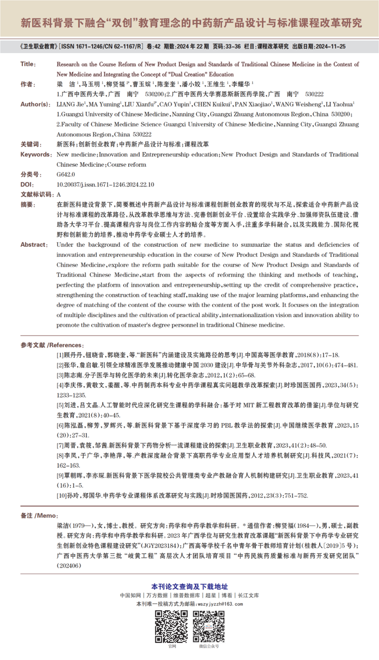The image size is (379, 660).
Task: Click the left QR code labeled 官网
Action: (x=171, y=626)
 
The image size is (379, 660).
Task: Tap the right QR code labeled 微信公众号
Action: (x=209, y=626)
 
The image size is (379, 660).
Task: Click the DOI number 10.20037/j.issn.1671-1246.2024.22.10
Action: (x=105, y=185)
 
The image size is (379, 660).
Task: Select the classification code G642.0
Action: (x=66, y=174)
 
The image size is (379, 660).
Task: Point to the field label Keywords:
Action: (x=36, y=154)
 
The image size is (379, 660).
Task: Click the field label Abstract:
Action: (x=34, y=245)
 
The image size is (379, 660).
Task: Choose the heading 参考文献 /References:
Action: (x=52, y=345)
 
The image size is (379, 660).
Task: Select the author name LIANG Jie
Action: (x=67, y=104)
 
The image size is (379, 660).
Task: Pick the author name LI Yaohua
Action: (x=336, y=104)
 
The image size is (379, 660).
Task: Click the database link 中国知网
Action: (x=130, y=595)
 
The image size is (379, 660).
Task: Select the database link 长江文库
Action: (x=248, y=595)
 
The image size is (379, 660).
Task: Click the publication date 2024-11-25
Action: (x=330, y=46)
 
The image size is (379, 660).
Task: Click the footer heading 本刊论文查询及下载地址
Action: (x=189, y=586)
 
